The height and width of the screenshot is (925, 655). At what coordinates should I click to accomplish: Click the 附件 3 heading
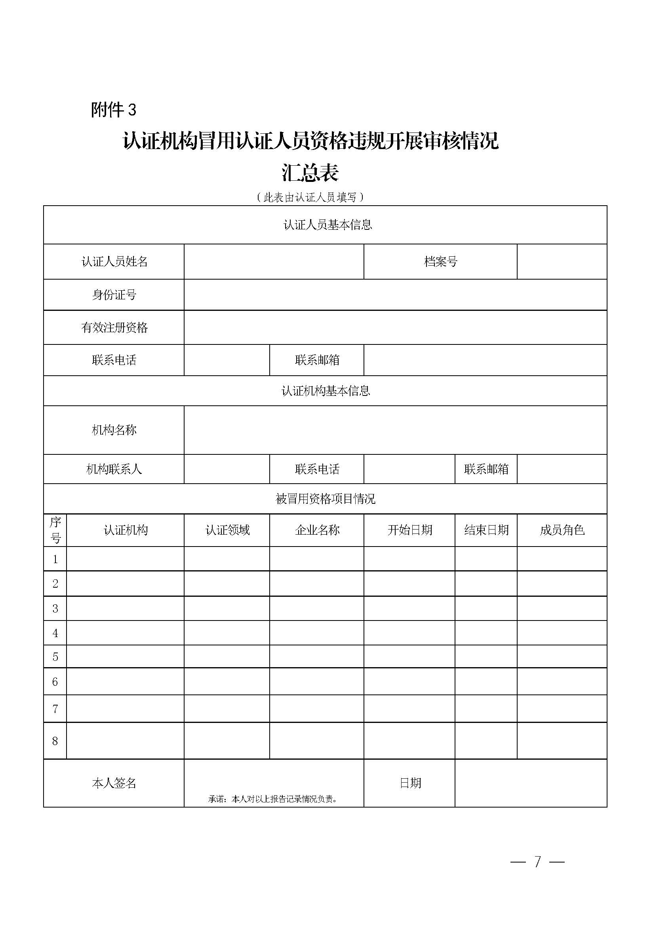[x=114, y=110]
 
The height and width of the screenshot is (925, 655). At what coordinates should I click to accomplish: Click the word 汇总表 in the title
[x=310, y=172]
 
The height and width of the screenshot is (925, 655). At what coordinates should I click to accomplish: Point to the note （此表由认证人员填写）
[x=310, y=197]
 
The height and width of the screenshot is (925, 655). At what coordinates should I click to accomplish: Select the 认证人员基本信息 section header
[x=327, y=225]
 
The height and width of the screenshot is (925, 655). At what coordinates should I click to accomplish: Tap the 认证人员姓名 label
[x=114, y=262]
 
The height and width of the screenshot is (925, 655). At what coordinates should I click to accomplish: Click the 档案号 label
[x=440, y=262]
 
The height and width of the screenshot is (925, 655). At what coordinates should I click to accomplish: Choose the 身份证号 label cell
[x=114, y=295]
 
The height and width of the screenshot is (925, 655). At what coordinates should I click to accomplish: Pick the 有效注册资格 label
[x=114, y=327]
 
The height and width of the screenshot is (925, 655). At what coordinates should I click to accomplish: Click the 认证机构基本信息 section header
[x=326, y=391]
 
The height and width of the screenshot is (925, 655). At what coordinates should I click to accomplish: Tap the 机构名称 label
[x=114, y=430]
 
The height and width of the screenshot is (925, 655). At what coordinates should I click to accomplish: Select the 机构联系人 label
[x=114, y=469]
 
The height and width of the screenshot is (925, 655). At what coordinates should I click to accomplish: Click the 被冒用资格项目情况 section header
[x=326, y=499]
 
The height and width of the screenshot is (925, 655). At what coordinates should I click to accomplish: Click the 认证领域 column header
[x=227, y=530]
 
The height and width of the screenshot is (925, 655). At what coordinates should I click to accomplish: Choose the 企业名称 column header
[x=317, y=530]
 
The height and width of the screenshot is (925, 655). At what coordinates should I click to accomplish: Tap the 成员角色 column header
[x=562, y=530]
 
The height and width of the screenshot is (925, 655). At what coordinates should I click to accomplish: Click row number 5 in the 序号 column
[x=55, y=657]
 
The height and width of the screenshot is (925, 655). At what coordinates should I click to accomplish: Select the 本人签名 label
[x=114, y=783]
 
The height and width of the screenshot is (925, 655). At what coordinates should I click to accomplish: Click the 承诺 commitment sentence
[x=273, y=799]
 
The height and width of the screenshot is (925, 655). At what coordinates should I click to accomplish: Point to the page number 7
[x=537, y=862]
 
